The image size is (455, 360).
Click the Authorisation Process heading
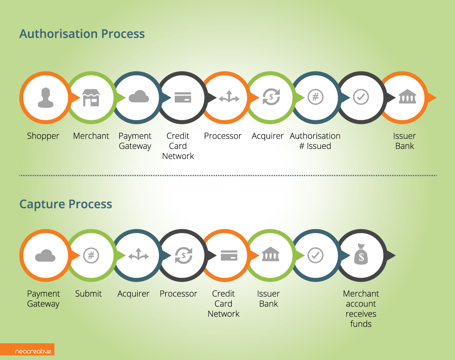click(x=82, y=34)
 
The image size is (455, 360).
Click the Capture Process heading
click(x=66, y=204)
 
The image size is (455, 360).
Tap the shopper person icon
click(x=45, y=97)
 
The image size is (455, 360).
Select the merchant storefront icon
click(x=91, y=97)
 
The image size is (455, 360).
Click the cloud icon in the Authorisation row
click(x=139, y=96)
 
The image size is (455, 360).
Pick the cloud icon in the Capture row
click(x=45, y=256)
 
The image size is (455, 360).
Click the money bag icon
click(x=361, y=254)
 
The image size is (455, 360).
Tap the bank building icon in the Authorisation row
click(x=407, y=96)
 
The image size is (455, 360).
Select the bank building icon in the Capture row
click(x=271, y=254)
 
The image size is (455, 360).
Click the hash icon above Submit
click(x=91, y=256)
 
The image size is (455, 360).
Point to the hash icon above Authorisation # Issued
click(x=316, y=97)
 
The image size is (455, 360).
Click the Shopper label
click(x=43, y=136)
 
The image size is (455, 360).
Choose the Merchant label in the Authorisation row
click(x=91, y=136)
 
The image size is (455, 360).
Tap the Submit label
click(x=89, y=294)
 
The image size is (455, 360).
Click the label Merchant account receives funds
click(x=361, y=309)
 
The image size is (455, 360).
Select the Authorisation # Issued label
click(x=315, y=141)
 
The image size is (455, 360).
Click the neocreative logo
click(x=33, y=351)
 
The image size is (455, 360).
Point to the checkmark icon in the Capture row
click(x=315, y=256)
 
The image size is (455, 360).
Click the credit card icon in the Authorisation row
click(x=183, y=97)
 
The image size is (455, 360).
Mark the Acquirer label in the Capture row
click(x=133, y=294)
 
